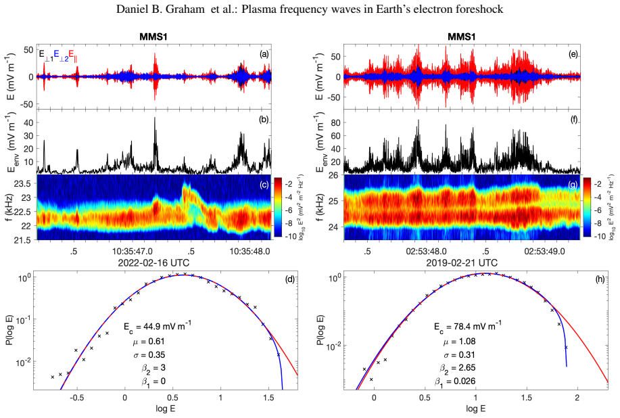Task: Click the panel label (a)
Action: click(264, 55)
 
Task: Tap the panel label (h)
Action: click(600, 279)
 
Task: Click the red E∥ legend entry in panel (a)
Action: click(73, 55)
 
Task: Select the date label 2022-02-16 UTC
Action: click(153, 262)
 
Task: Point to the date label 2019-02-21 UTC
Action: click(461, 262)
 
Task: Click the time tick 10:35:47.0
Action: click(133, 251)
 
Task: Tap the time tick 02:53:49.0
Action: click(544, 251)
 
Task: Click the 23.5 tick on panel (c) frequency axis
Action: click(24, 183)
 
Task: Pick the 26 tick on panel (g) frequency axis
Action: click(335, 175)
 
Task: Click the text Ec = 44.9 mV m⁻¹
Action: click(158, 327)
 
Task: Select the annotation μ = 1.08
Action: click(460, 342)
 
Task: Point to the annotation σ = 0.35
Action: click(149, 354)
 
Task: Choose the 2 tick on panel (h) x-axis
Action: click(577, 398)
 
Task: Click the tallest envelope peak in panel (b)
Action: click(155, 118)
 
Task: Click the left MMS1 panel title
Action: click(153, 37)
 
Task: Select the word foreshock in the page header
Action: click(481, 9)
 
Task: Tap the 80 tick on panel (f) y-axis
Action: click(335, 122)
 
